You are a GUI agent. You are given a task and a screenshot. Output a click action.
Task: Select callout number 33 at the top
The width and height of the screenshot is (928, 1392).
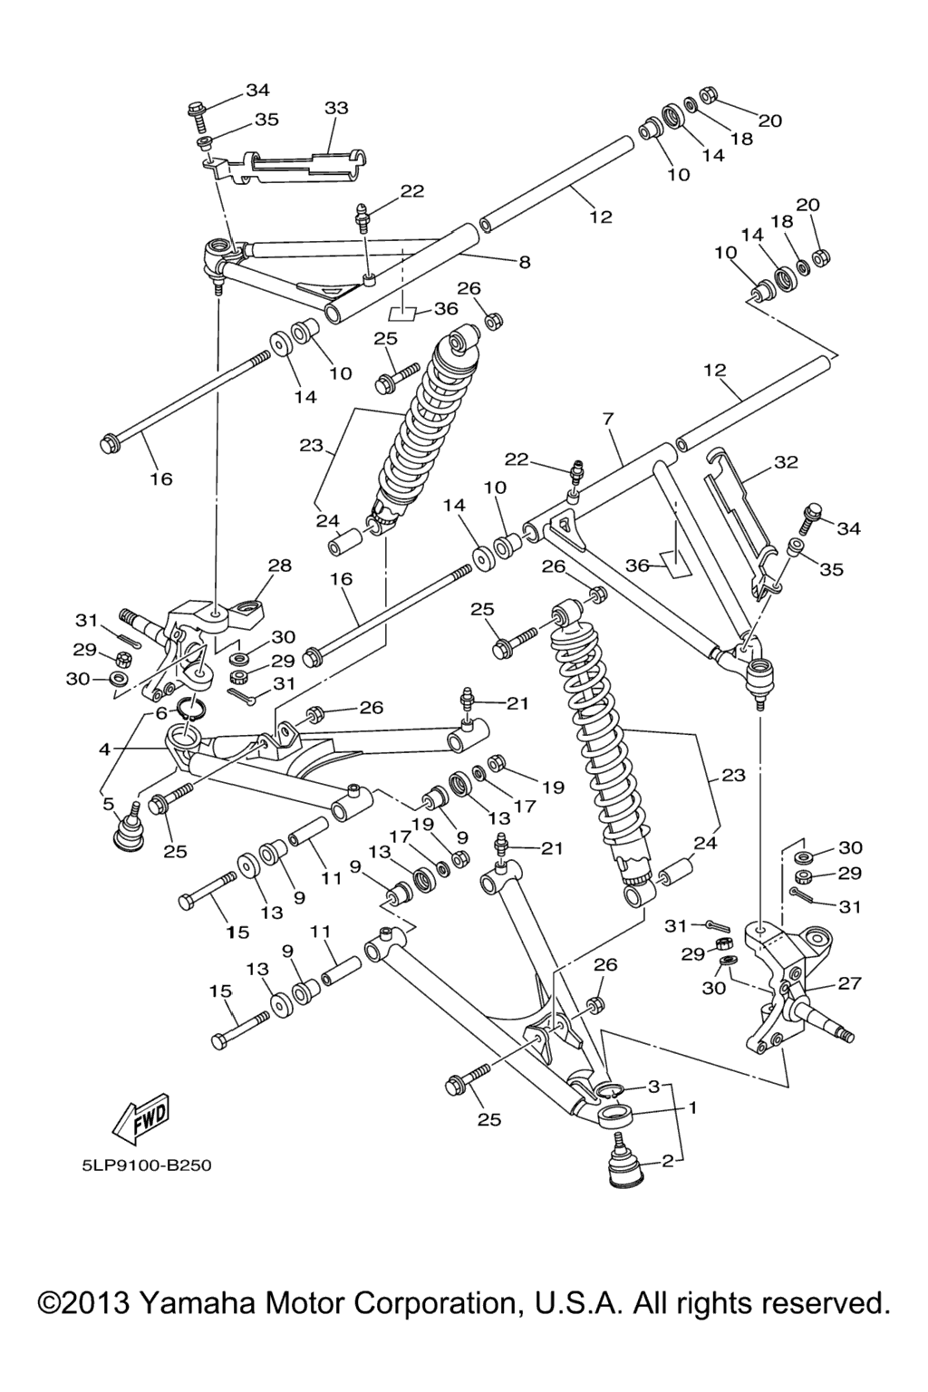coord(335,108)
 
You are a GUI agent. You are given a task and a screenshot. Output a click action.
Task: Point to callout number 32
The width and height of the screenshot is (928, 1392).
coord(786,461)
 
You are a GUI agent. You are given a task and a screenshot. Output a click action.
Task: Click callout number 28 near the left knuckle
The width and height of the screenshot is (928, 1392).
coord(279,565)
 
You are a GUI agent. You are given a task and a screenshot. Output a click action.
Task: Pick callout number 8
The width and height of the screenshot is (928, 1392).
coord(524,262)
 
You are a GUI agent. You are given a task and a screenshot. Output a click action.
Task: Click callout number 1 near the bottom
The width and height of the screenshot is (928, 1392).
coord(693,1107)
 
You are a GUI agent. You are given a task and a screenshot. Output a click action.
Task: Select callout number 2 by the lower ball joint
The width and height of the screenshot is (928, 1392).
coord(668,1159)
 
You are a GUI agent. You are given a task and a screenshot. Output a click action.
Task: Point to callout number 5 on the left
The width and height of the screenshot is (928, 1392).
coord(109,803)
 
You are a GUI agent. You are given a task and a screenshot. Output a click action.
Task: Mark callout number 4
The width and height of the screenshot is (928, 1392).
coord(105,749)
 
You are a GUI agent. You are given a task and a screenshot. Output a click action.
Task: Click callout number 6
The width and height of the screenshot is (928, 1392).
coord(161,713)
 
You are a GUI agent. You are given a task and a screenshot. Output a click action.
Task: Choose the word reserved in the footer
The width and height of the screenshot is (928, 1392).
coord(822,1303)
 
